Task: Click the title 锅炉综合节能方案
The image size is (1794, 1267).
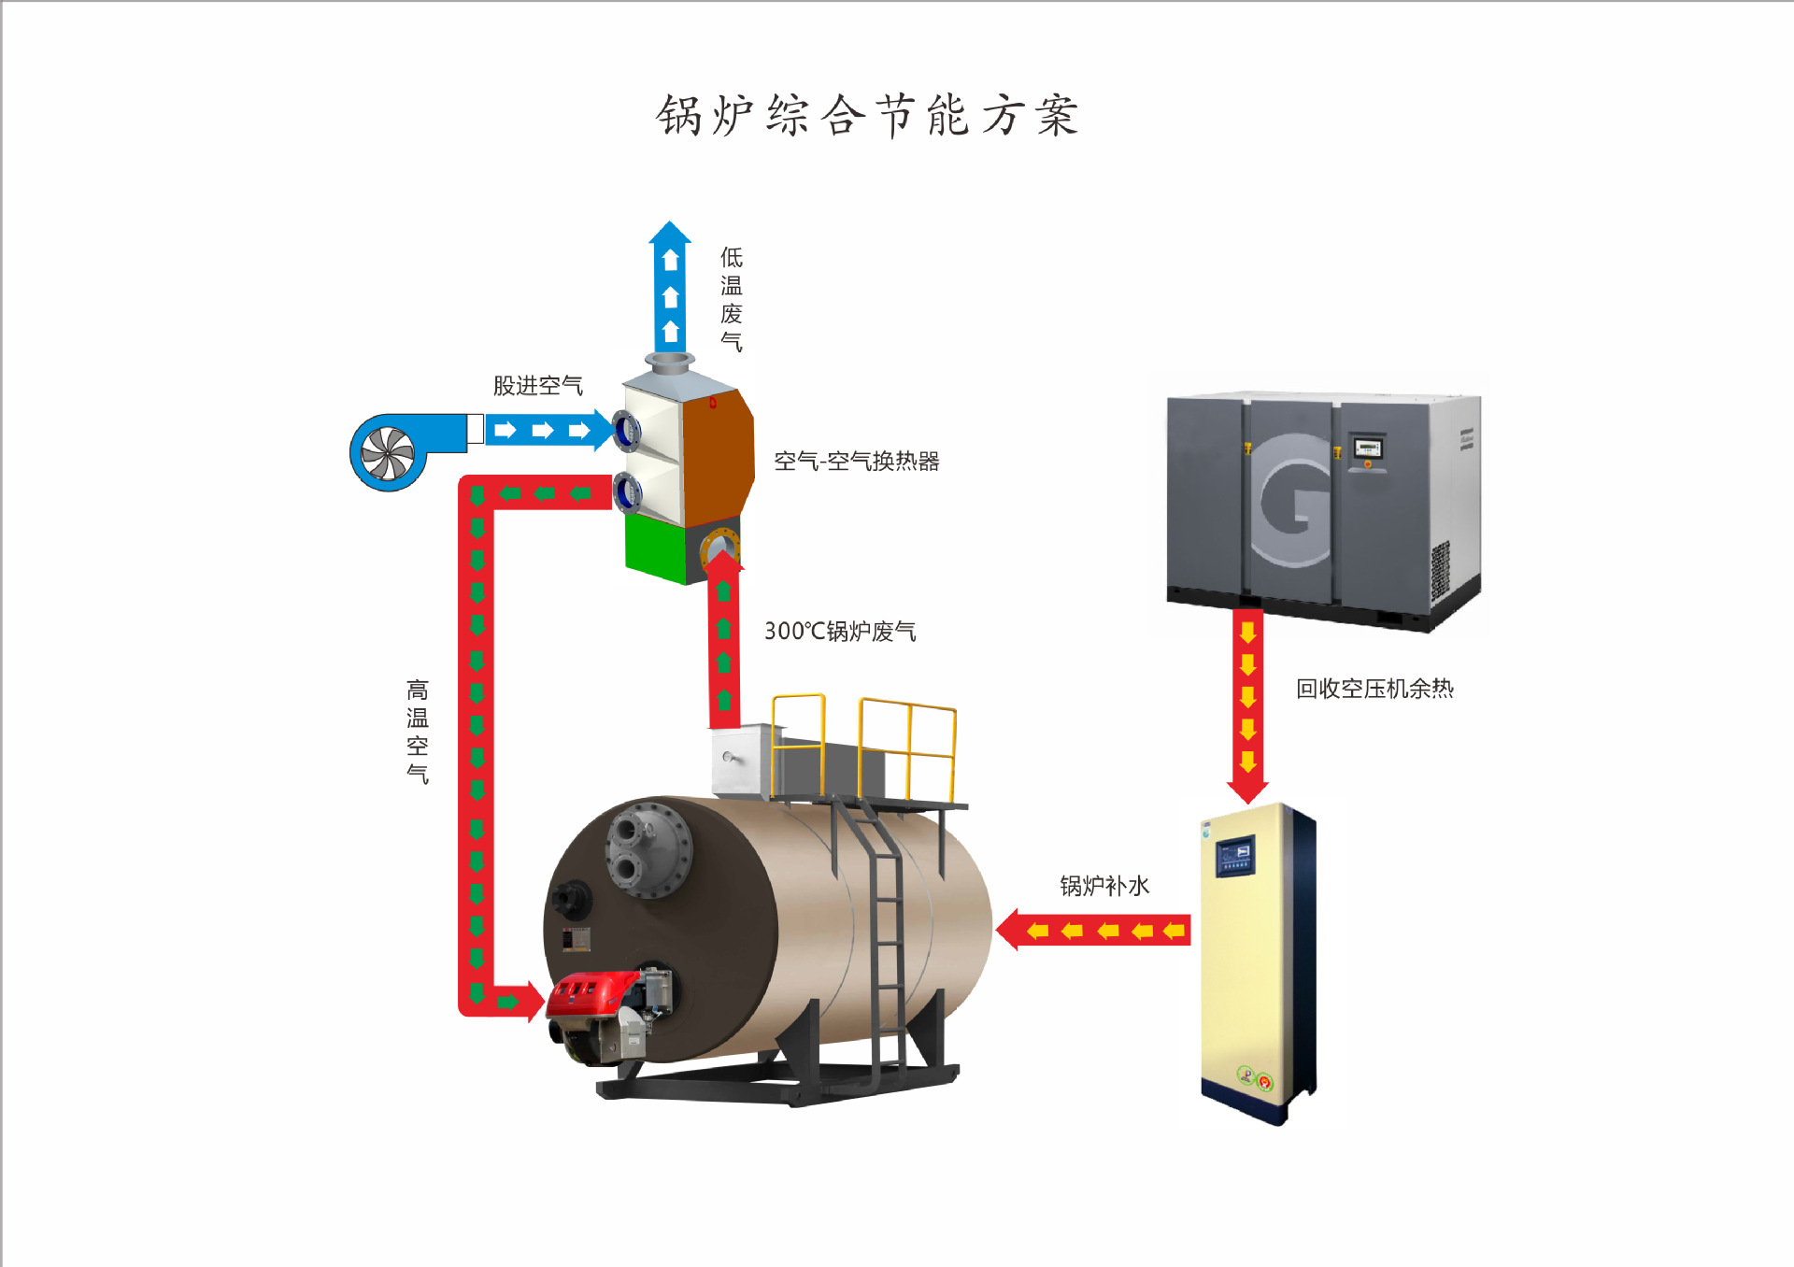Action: click(867, 116)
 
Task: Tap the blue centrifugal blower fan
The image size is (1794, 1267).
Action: click(388, 453)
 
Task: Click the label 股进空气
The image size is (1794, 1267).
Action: click(537, 386)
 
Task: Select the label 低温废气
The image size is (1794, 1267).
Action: click(732, 299)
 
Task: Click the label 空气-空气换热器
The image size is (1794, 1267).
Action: click(856, 462)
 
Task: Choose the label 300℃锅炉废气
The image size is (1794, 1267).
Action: click(839, 632)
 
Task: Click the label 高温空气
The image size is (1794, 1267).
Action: click(418, 732)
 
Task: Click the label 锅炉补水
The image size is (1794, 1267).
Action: click(1103, 886)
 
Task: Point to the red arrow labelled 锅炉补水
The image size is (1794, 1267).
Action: click(1094, 930)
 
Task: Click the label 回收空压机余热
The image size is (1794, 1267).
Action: click(1374, 690)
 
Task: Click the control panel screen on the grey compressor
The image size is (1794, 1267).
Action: click(1367, 448)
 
